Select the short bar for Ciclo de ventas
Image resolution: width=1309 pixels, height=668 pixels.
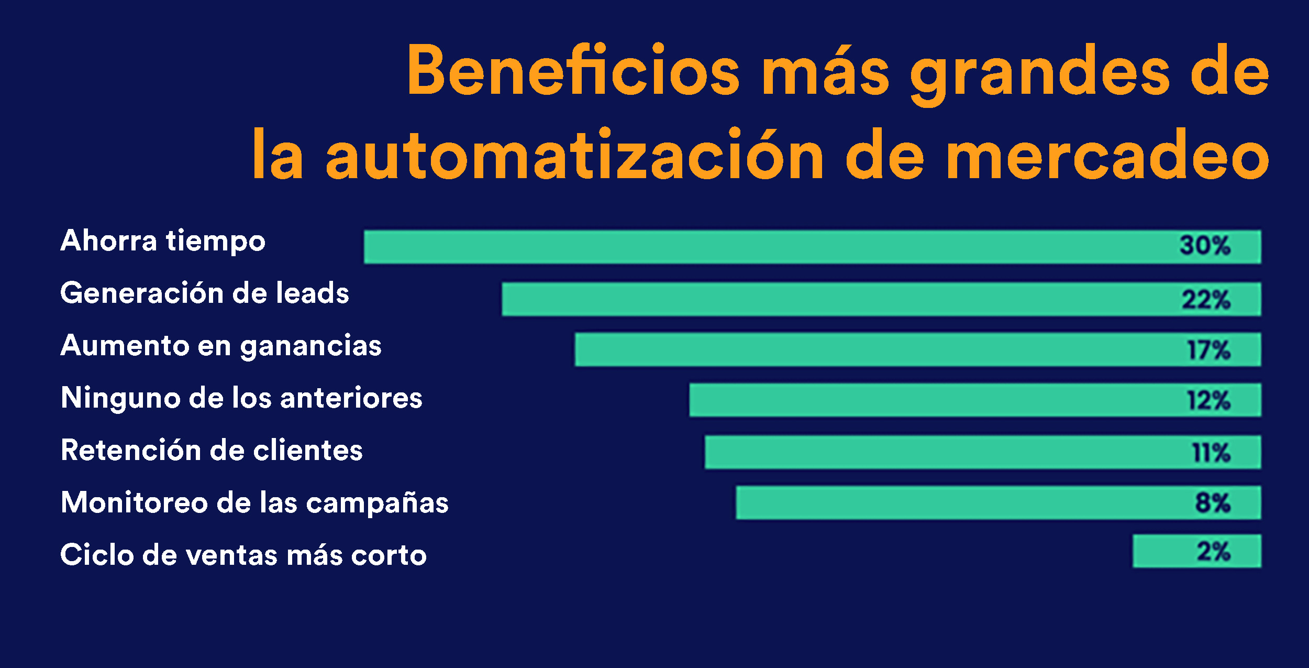click(x=1162, y=551)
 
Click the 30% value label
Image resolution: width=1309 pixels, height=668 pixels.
click(x=1205, y=246)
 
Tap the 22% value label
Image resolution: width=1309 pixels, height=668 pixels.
click(x=1206, y=300)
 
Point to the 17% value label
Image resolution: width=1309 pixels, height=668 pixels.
click(x=1208, y=350)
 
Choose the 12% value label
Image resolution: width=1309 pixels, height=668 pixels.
click(x=1208, y=401)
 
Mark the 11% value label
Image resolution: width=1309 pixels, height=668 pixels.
click(x=1211, y=453)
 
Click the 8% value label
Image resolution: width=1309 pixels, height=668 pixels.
click(x=1213, y=503)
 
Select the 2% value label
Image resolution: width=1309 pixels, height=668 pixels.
click(x=1213, y=552)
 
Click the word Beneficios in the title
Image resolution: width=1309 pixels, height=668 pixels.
click(x=573, y=71)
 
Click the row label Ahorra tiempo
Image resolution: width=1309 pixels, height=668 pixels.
click(x=163, y=241)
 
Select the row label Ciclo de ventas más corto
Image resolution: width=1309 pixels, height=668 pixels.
click(x=243, y=555)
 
